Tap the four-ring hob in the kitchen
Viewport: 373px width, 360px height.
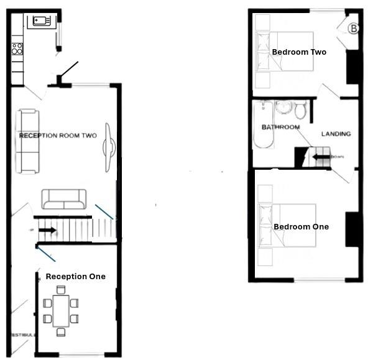pyautogui.click(x=17, y=48)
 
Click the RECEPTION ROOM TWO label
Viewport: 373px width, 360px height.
pyautogui.click(x=58, y=136)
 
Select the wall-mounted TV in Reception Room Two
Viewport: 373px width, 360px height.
pyautogui.click(x=108, y=147)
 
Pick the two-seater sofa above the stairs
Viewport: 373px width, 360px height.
pyautogui.click(x=63, y=199)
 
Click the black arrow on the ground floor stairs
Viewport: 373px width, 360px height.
pyautogui.click(x=47, y=231)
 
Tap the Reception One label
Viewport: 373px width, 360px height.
pyautogui.click(x=76, y=276)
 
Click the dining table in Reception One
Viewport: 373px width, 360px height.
pyautogui.click(x=61, y=310)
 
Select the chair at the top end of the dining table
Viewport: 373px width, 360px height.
pyautogui.click(x=61, y=289)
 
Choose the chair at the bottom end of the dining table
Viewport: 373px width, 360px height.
pyautogui.click(x=61, y=332)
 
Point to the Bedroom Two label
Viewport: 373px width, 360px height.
pyautogui.click(x=299, y=52)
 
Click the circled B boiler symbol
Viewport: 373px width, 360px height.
pyautogui.click(x=353, y=29)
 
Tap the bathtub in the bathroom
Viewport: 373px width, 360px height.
pyautogui.click(x=263, y=126)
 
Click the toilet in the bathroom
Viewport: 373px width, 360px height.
pyautogui.click(x=300, y=110)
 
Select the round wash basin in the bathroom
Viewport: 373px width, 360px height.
pyautogui.click(x=284, y=106)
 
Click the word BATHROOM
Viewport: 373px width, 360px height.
pyautogui.click(x=280, y=127)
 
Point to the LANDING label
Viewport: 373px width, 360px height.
pyautogui.click(x=336, y=134)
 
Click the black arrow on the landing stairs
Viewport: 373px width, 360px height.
pyautogui.click(x=321, y=157)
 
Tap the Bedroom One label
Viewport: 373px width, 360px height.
pyautogui.click(x=301, y=227)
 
